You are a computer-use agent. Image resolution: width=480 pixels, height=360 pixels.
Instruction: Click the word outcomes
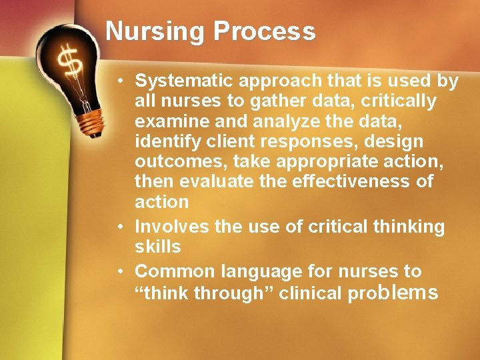174,161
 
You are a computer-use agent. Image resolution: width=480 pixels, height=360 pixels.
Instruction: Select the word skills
157,247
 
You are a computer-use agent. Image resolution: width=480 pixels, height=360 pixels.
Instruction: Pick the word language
253,272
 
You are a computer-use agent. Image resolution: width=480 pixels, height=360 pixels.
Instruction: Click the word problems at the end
393,292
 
